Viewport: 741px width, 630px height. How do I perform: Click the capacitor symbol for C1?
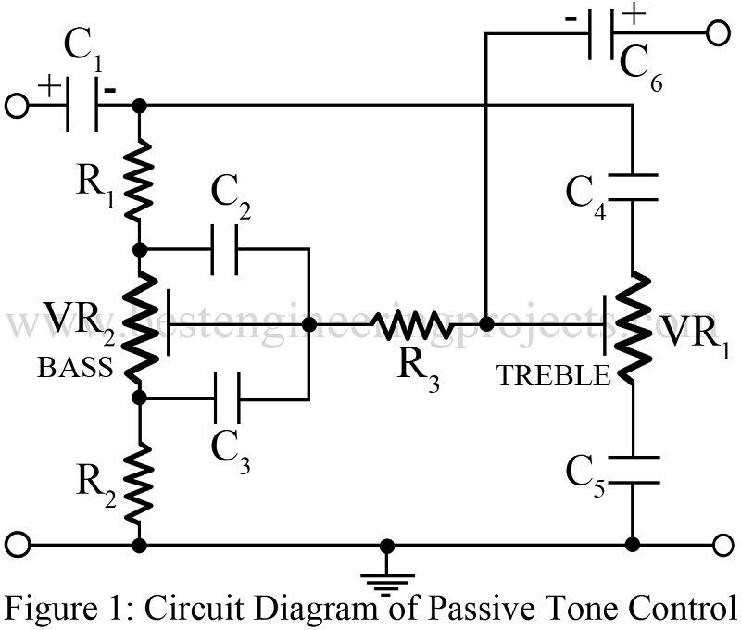(83, 106)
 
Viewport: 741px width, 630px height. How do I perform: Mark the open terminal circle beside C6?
(718, 34)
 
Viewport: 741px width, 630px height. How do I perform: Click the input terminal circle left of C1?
(17, 106)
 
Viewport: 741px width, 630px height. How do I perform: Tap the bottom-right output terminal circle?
(721, 544)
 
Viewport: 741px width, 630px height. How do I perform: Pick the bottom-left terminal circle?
(17, 544)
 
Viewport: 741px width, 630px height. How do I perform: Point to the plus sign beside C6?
(634, 13)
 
